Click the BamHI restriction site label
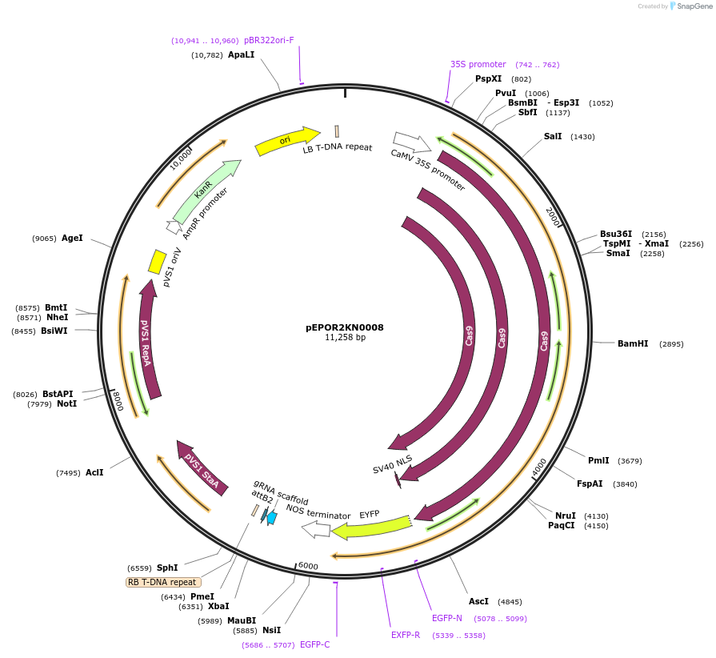(632, 343)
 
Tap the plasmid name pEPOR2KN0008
(345, 327)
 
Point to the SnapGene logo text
(693, 6)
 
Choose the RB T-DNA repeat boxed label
(163, 582)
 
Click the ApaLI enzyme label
(241, 55)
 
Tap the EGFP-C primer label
(314, 644)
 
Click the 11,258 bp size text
(345, 338)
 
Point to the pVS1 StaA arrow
(200, 471)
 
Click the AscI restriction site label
(478, 601)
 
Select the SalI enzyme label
(553, 137)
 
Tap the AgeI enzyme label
(72, 238)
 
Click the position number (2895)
(670, 344)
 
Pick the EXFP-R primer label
(406, 635)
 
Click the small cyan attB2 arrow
(272, 518)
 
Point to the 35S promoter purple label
(478, 64)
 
